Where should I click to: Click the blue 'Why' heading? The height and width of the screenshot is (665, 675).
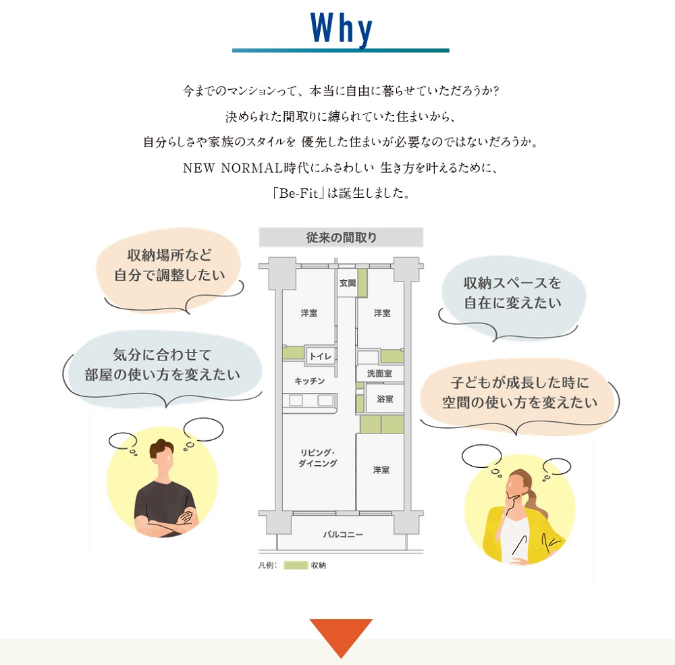click(341, 28)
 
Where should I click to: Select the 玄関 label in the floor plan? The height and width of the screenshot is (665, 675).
click(348, 283)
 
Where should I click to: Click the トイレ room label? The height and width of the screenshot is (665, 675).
click(321, 356)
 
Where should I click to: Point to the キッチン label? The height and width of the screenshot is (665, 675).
click(310, 381)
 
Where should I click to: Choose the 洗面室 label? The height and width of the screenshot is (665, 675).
click(379, 373)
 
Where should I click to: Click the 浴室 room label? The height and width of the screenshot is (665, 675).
click(385, 399)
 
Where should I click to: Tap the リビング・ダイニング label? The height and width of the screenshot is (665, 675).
click(318, 458)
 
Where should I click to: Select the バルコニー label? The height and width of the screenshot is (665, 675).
click(343, 534)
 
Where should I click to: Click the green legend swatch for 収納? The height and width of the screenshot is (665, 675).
click(296, 565)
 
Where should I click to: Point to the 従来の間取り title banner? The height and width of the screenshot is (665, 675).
click(341, 238)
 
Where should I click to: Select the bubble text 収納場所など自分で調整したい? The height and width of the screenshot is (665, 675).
click(169, 265)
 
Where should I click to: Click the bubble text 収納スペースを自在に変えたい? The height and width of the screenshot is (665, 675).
click(512, 293)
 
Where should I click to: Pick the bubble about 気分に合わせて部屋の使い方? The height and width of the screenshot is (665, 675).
click(162, 365)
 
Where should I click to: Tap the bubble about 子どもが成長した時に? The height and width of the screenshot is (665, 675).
click(520, 392)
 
